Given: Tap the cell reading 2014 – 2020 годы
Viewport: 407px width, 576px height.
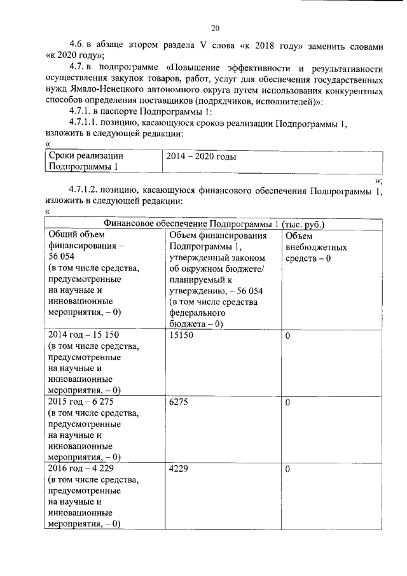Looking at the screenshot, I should pyautogui.click(x=200, y=156).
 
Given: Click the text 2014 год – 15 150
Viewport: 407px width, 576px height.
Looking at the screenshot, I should pyautogui.click(x=83, y=335).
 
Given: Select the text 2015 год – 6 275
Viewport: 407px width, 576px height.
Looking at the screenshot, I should pyautogui.click(x=81, y=402).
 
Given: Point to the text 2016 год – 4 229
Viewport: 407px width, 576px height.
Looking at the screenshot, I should pyautogui.click(x=81, y=469).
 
